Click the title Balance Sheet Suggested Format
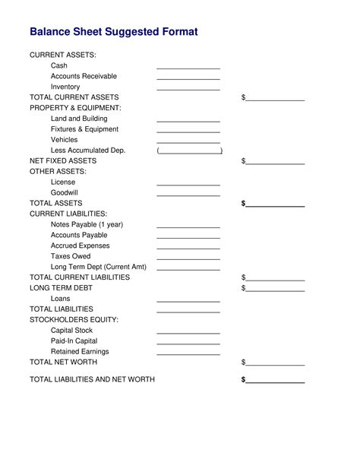click(113, 32)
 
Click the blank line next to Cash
click(188, 67)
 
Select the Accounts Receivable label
click(84, 76)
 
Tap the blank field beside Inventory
click(188, 88)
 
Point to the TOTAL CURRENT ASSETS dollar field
click(275, 99)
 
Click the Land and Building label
click(79, 119)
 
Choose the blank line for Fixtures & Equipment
click(188, 131)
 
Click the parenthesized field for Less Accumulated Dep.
click(189, 151)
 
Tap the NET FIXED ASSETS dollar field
click(275, 163)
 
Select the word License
click(63, 182)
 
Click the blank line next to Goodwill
click(188, 195)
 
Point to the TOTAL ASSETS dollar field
click(275, 204)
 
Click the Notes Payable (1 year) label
click(87, 224)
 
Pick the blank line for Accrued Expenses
click(188, 247)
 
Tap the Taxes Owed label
click(71, 256)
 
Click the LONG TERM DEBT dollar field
click(275, 290)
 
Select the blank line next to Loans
click(188, 300)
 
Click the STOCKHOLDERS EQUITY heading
click(74, 320)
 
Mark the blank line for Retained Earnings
click(188, 353)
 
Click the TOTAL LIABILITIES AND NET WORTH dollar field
click(275, 381)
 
